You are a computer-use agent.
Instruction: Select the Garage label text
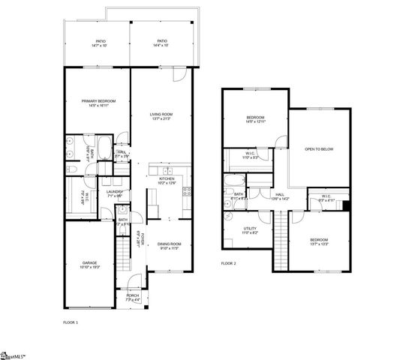click(x=90, y=264)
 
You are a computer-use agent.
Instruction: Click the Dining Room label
click(x=170, y=245)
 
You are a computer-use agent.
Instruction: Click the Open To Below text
click(x=319, y=149)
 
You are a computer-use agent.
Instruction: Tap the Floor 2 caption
click(x=228, y=263)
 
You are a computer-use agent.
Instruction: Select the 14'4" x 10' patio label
click(x=162, y=43)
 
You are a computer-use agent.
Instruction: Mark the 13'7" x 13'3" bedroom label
click(x=320, y=241)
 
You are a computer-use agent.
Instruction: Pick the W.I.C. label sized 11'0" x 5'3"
click(x=251, y=156)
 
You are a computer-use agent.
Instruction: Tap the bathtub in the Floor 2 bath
click(x=233, y=181)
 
